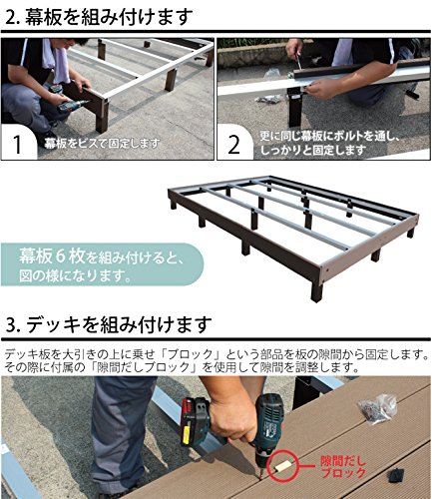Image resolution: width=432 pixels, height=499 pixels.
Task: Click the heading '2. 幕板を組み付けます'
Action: [99, 16]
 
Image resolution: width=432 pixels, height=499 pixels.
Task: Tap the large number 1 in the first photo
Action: [17, 144]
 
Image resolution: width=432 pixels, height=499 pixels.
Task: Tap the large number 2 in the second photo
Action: [234, 145]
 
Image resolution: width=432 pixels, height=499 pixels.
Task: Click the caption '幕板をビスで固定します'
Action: [102, 144]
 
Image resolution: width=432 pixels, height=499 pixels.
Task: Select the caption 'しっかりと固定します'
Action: [313, 150]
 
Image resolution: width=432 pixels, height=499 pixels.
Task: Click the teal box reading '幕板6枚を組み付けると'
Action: [102, 264]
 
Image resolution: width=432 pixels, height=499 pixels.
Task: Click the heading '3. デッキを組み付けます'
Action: [109, 325]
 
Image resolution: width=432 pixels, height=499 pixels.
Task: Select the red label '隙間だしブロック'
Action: [343, 467]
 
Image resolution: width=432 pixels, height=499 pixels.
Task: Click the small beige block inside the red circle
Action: [283, 465]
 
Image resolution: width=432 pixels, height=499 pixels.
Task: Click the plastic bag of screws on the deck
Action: [377, 408]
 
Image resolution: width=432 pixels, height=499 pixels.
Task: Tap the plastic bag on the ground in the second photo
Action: [268, 99]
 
